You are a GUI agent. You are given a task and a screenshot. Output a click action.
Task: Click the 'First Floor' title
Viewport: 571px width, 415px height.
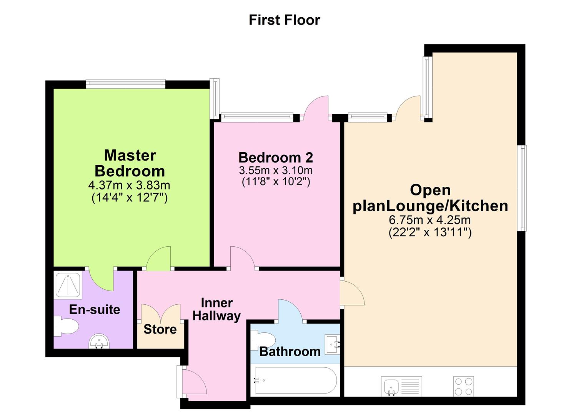pyautogui.click(x=284, y=20)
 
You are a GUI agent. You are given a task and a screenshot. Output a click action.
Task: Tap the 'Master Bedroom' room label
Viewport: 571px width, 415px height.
pyautogui.click(x=130, y=163)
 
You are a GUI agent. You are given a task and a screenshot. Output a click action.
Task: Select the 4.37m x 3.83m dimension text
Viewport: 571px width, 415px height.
pyautogui.click(x=129, y=185)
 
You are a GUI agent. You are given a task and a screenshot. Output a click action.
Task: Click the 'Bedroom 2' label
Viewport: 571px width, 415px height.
pyautogui.click(x=276, y=158)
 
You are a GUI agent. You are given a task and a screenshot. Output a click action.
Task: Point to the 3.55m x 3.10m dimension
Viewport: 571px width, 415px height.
pyautogui.click(x=276, y=170)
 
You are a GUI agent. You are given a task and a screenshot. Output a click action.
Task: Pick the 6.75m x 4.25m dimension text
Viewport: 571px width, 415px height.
pyautogui.click(x=430, y=220)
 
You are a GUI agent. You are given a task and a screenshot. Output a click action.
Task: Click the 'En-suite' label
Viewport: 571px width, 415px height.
pyautogui.click(x=95, y=309)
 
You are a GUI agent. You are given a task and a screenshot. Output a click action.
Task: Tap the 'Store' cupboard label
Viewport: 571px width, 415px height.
pyautogui.click(x=160, y=329)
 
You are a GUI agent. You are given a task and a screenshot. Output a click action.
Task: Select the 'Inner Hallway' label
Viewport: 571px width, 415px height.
pyautogui.click(x=216, y=309)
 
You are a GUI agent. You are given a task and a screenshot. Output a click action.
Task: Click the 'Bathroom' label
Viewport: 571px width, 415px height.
pyautogui.click(x=290, y=351)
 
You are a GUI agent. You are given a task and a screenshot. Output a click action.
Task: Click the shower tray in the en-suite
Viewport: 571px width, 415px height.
pyautogui.click(x=68, y=285)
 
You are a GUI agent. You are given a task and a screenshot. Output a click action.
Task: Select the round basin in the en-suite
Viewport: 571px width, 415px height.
pyautogui.click(x=99, y=342)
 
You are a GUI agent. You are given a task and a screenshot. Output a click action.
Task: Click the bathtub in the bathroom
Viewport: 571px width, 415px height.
pyautogui.click(x=295, y=380)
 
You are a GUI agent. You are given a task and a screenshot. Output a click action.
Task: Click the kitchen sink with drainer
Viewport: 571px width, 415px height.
pyautogui.click(x=401, y=386)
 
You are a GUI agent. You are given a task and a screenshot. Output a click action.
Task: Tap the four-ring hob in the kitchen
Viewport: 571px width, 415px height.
pyautogui.click(x=463, y=386)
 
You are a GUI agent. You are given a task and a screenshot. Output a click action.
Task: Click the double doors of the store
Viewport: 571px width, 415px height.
pyautogui.click(x=161, y=312)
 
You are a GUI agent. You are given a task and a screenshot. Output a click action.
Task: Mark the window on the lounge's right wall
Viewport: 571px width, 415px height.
pyautogui.click(x=521, y=188)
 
